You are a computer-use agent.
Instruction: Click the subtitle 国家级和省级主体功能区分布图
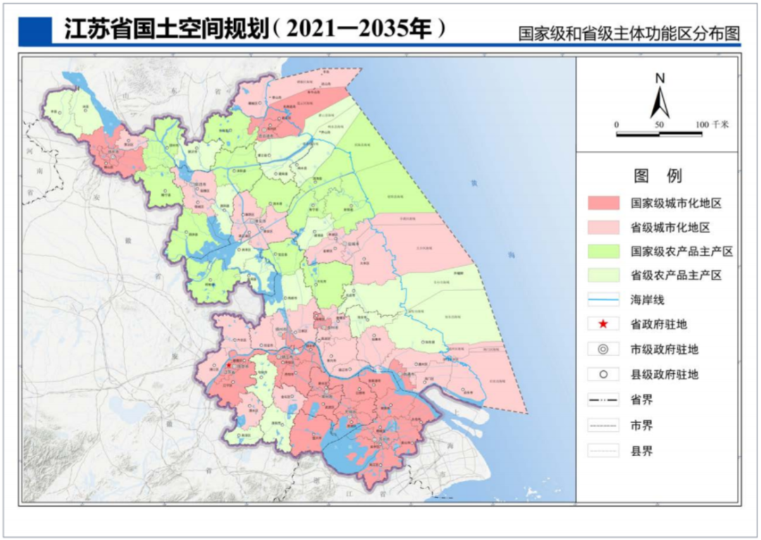(629, 34)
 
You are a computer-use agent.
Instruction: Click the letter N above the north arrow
(660, 79)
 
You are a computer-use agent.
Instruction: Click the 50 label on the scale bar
(660, 125)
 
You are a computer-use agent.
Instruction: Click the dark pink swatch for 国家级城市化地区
(604, 203)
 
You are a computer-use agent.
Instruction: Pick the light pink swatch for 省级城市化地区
(604, 227)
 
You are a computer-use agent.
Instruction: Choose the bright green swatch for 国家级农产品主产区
(604, 251)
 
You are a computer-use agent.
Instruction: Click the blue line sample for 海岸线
(604, 300)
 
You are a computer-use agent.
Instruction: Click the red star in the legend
(603, 324)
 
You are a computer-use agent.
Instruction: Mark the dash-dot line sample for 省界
(604, 400)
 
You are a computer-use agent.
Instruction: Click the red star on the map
(229, 366)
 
